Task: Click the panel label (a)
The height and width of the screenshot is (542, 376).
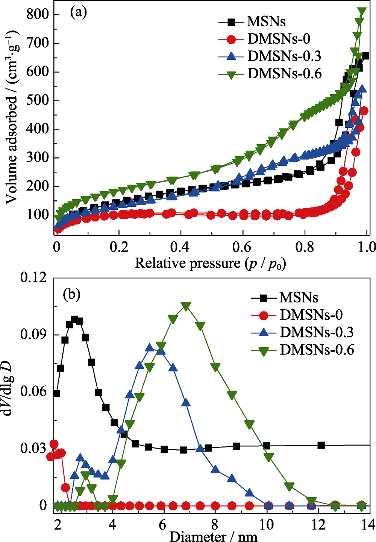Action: (79, 13)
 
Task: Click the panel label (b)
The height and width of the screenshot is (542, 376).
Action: (72, 294)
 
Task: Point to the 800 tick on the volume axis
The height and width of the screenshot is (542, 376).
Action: (38, 15)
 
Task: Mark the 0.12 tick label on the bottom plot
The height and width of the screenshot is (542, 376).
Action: (34, 278)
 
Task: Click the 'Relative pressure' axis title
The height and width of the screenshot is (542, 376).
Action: (210, 263)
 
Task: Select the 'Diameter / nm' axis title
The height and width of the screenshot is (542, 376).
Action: (213, 536)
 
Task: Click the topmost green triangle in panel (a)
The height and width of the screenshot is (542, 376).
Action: (362, 12)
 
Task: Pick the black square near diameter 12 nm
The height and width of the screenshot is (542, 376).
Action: (321, 445)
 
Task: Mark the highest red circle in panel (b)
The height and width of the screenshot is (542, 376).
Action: (54, 444)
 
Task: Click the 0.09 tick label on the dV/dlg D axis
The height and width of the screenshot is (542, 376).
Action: (34, 335)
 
